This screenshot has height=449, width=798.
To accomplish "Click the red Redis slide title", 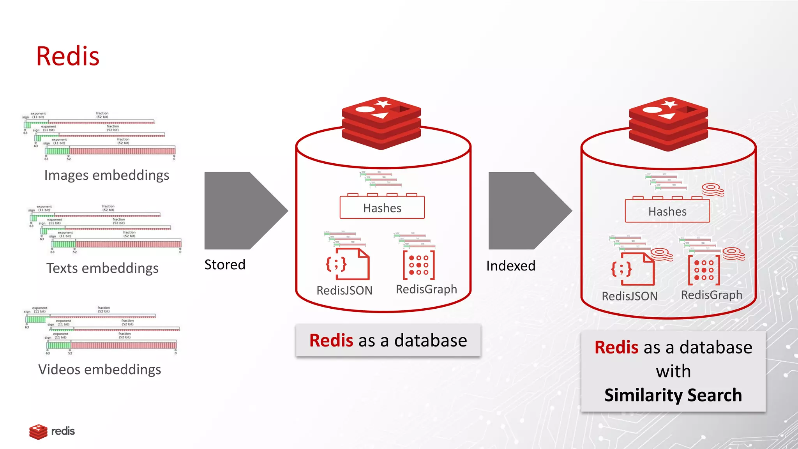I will point(68,56).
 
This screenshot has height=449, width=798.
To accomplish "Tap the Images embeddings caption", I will point(107,175).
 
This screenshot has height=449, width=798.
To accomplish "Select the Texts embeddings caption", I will point(102,268).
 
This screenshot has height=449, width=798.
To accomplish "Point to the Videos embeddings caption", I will point(100,369).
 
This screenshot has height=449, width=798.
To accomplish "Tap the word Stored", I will point(225,265).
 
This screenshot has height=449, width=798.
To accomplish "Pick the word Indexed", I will point(511,266).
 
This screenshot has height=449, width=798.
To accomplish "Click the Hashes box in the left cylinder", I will point(382,208).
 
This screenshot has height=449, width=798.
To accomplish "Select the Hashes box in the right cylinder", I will point(667,211).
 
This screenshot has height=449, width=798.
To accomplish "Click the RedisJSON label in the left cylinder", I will point(344,290).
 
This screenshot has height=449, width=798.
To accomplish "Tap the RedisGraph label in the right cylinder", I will point(711,295).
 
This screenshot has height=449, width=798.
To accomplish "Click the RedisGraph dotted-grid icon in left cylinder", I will point(419,265).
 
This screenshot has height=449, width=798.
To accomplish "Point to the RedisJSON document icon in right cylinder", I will point(633,269).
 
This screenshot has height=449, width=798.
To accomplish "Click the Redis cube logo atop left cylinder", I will point(381,123).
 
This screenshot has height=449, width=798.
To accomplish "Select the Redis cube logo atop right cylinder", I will point(668,124).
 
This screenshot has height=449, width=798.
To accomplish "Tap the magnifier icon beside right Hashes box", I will point(713,190).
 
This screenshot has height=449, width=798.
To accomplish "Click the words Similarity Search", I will point(673,395).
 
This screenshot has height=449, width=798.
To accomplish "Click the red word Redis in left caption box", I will point(331,340).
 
